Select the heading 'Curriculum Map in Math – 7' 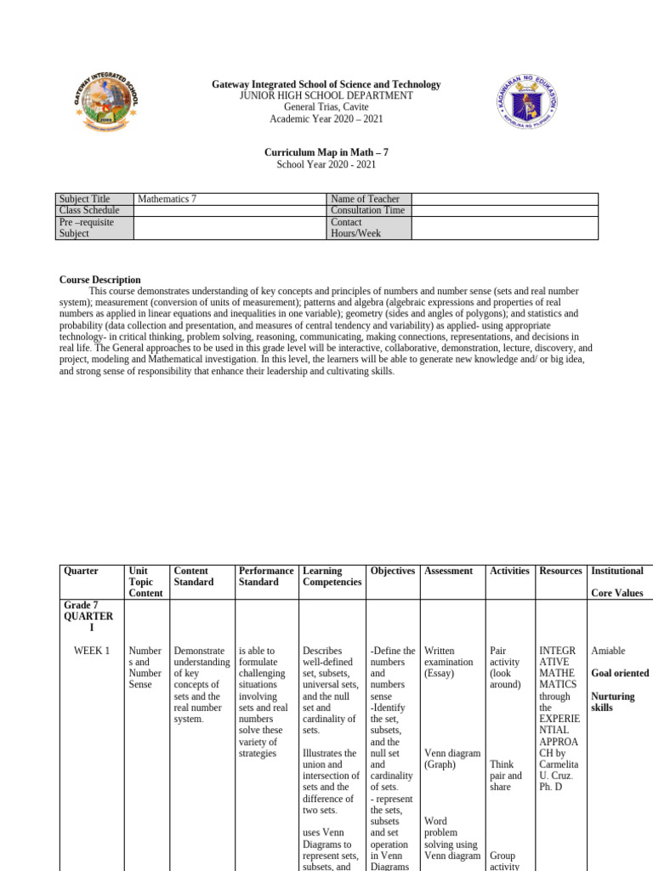coord(326,152)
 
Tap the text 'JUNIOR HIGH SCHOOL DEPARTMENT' coord(326,96)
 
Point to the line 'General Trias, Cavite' coord(326,107)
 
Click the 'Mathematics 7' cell coord(167,199)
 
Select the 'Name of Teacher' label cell coord(365,199)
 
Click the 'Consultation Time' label coord(367,210)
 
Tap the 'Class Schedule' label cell coord(89,210)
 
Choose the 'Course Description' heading coord(99,280)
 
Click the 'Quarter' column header coord(81,571)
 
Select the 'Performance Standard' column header coord(266,577)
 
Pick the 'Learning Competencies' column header coord(331,577)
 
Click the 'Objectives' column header coord(393,571)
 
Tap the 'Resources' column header coord(560,571)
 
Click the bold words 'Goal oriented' coord(620,673)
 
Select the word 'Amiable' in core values coord(608,651)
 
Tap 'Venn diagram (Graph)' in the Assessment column coord(451,759)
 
